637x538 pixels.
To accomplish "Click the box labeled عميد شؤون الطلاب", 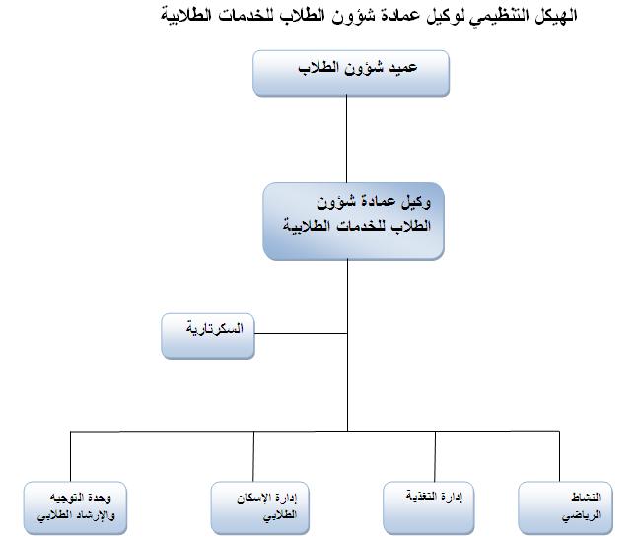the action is tap(351, 73).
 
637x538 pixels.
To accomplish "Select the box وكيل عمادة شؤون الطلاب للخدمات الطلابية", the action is tap(353, 222).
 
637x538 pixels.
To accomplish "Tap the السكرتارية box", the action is tap(208, 336).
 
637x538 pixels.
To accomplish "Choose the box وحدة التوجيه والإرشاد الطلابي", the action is tap(75, 507).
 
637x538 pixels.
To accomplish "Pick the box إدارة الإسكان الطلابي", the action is tap(260, 507).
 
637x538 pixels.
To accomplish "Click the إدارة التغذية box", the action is tap(429, 507).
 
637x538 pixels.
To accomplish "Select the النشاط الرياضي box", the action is tap(565, 507).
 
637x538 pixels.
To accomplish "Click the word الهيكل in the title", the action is tap(555, 16).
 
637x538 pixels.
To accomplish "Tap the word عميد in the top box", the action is tap(402, 67).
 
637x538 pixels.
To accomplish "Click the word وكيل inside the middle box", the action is tap(415, 202).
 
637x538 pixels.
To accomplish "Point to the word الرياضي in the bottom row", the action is tap(581, 515).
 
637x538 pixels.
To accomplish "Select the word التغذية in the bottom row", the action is tap(421, 497).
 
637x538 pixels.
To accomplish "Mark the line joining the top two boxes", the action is tap(346, 139).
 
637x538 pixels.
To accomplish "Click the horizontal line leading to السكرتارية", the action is tap(301, 333).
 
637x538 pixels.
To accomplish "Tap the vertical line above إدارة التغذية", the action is tap(435, 456).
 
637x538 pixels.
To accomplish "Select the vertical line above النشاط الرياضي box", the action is tap(559, 456).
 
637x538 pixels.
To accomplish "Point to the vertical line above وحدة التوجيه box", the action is tap(70, 456).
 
